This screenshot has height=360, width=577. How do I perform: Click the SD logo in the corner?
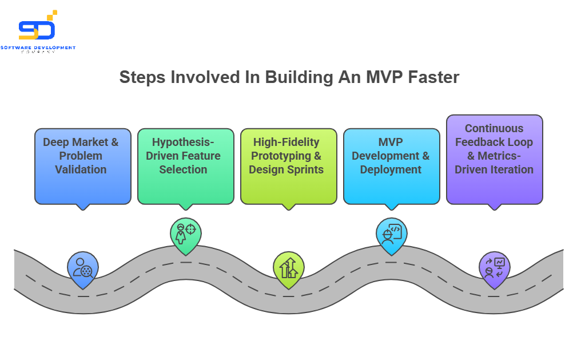click(x=37, y=27)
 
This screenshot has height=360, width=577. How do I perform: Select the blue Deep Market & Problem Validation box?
click(x=83, y=166)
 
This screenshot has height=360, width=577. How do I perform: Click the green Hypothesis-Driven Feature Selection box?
click(x=186, y=166)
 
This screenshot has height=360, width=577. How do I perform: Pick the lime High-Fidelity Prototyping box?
click(x=289, y=166)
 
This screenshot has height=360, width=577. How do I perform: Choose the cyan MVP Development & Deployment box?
click(x=392, y=166)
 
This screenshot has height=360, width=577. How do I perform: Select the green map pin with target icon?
click(x=186, y=234)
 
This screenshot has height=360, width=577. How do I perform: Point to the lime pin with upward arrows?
click(x=289, y=268)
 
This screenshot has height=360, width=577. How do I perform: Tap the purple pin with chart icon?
click(x=494, y=268)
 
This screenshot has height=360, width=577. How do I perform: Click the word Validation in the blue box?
click(x=81, y=169)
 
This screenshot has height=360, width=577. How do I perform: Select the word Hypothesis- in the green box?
click(x=180, y=142)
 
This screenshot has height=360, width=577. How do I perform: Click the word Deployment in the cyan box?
click(x=391, y=169)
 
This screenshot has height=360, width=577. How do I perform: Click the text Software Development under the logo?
click(x=38, y=48)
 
